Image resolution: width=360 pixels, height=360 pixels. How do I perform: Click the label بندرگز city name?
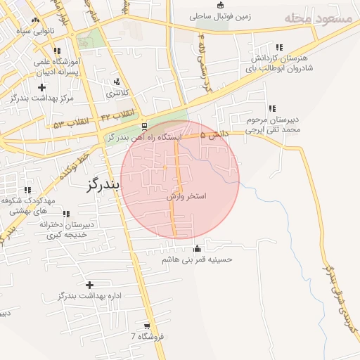[103, 184]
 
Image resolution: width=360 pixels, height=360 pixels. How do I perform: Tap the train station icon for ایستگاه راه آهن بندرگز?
[144, 127]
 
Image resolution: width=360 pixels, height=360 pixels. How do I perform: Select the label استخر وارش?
[186, 197]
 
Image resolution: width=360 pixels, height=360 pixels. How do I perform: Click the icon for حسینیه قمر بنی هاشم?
[197, 248]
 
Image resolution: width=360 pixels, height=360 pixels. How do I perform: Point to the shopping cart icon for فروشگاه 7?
[146, 326]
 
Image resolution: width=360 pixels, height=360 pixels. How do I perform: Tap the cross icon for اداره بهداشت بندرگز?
[89, 285]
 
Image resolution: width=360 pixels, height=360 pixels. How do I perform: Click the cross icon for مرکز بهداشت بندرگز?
[41, 88]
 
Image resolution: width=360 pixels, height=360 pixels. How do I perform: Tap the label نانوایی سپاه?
[26, 32]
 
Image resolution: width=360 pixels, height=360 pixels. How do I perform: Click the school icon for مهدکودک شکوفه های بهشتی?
[27, 190]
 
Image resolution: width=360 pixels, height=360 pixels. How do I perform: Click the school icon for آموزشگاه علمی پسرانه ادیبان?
[57, 51]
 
